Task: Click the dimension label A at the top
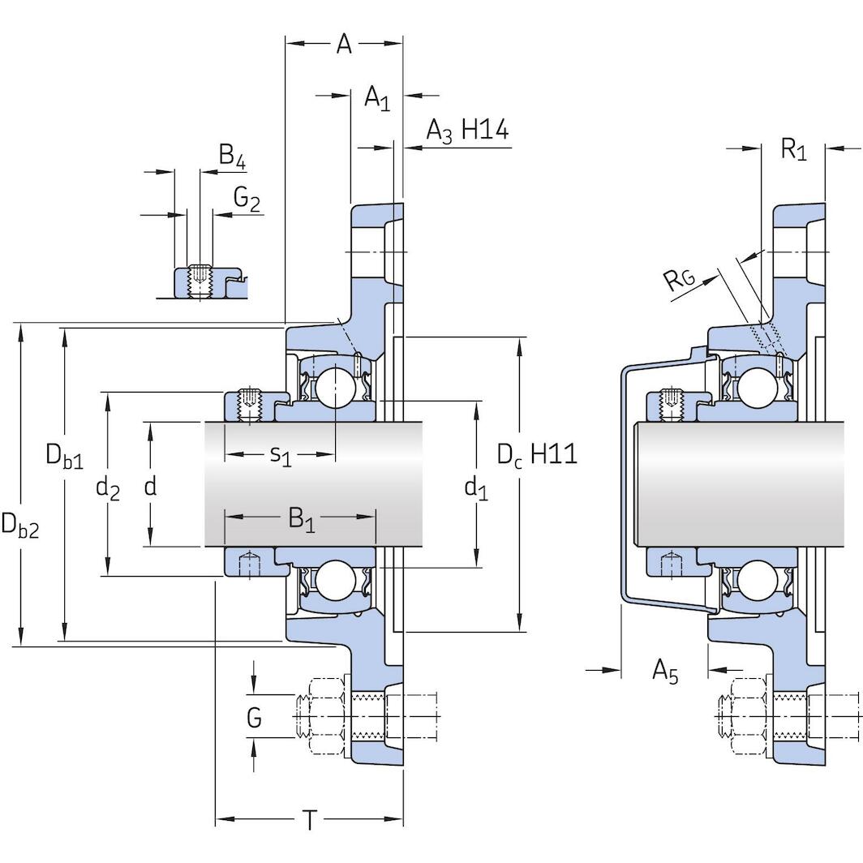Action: point(344,45)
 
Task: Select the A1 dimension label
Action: point(377,99)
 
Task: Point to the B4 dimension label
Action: point(232,155)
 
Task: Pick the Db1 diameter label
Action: point(64,457)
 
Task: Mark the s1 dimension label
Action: point(280,456)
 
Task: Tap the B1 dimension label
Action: point(302,519)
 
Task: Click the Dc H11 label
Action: point(536,454)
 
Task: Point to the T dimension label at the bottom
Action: point(310,822)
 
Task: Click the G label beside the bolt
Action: point(254,718)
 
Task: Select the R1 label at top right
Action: point(793,149)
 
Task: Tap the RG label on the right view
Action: point(679,281)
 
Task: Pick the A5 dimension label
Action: point(664,672)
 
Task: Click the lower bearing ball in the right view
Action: point(755,580)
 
